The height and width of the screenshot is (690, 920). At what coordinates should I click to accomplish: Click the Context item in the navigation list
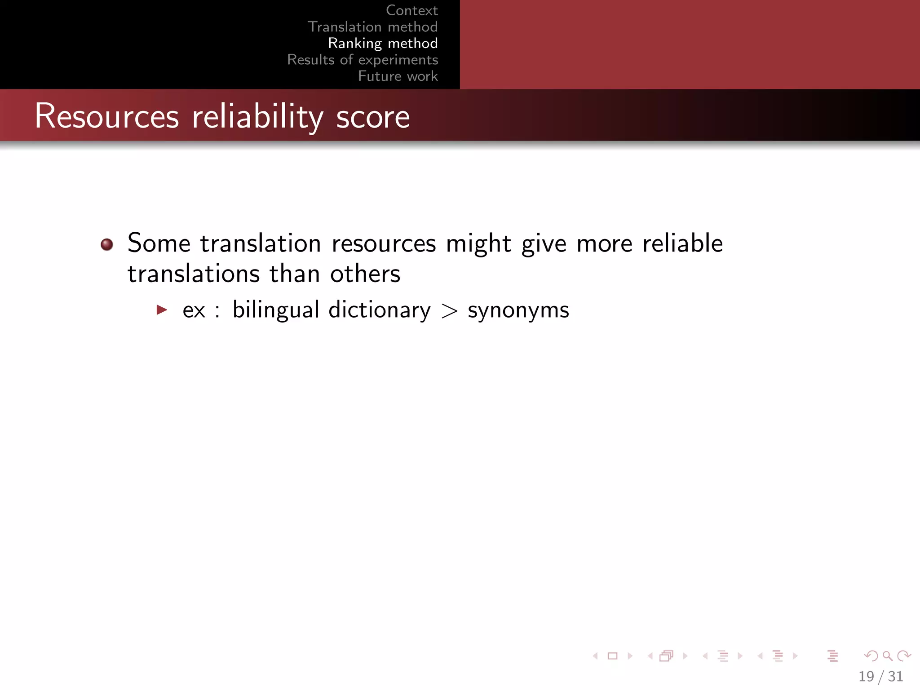411,10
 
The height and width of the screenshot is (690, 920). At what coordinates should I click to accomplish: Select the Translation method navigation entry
372,27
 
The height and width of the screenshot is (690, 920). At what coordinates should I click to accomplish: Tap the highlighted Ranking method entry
383,43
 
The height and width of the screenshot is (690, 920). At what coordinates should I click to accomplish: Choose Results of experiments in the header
363,60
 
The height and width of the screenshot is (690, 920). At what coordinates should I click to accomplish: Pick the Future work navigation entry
398,76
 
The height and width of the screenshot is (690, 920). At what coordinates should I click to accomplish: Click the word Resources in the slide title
107,116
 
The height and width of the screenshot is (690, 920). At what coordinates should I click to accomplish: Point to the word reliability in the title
257,116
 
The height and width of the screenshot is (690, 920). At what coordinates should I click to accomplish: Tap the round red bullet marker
107,244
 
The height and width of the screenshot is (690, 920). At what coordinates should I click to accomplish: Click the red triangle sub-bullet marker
162,310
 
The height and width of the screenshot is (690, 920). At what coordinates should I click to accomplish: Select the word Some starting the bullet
159,243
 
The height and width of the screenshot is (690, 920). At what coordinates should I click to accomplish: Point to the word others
365,274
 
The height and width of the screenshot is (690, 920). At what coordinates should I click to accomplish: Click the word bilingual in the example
276,310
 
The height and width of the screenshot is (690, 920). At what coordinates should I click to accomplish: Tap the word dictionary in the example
380,310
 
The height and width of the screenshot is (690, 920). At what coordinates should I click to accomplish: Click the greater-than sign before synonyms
449,311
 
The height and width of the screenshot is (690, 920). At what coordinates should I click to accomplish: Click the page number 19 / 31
880,676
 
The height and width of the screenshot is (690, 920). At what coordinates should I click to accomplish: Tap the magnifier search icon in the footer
887,656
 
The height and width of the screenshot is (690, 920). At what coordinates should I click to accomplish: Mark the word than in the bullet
294,274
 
